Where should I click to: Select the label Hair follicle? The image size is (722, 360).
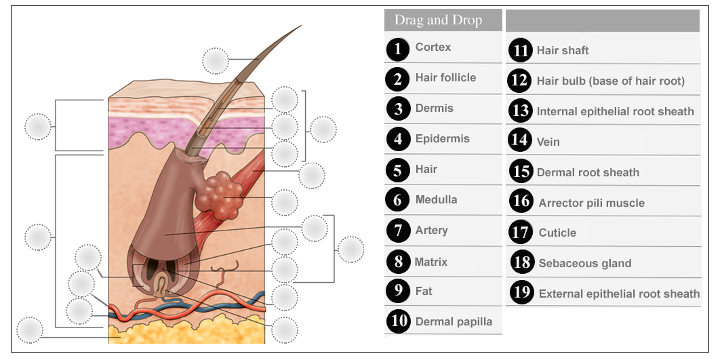445,77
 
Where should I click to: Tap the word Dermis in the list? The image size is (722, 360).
434,108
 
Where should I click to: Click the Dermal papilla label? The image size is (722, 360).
454,321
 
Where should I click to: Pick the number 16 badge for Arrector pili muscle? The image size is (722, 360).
522,201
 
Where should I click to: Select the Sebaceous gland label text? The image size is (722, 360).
585,263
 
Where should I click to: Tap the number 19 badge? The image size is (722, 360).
522,292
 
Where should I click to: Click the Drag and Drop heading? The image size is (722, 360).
439,20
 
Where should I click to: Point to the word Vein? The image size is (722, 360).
548,142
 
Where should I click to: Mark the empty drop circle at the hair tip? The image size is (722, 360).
216,61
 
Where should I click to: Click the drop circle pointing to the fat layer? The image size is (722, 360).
30,330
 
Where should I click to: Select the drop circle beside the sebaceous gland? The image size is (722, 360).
285,203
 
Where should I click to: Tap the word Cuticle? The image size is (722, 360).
557,233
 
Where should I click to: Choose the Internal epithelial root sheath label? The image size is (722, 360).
615,111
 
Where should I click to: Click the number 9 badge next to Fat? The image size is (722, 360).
399,291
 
